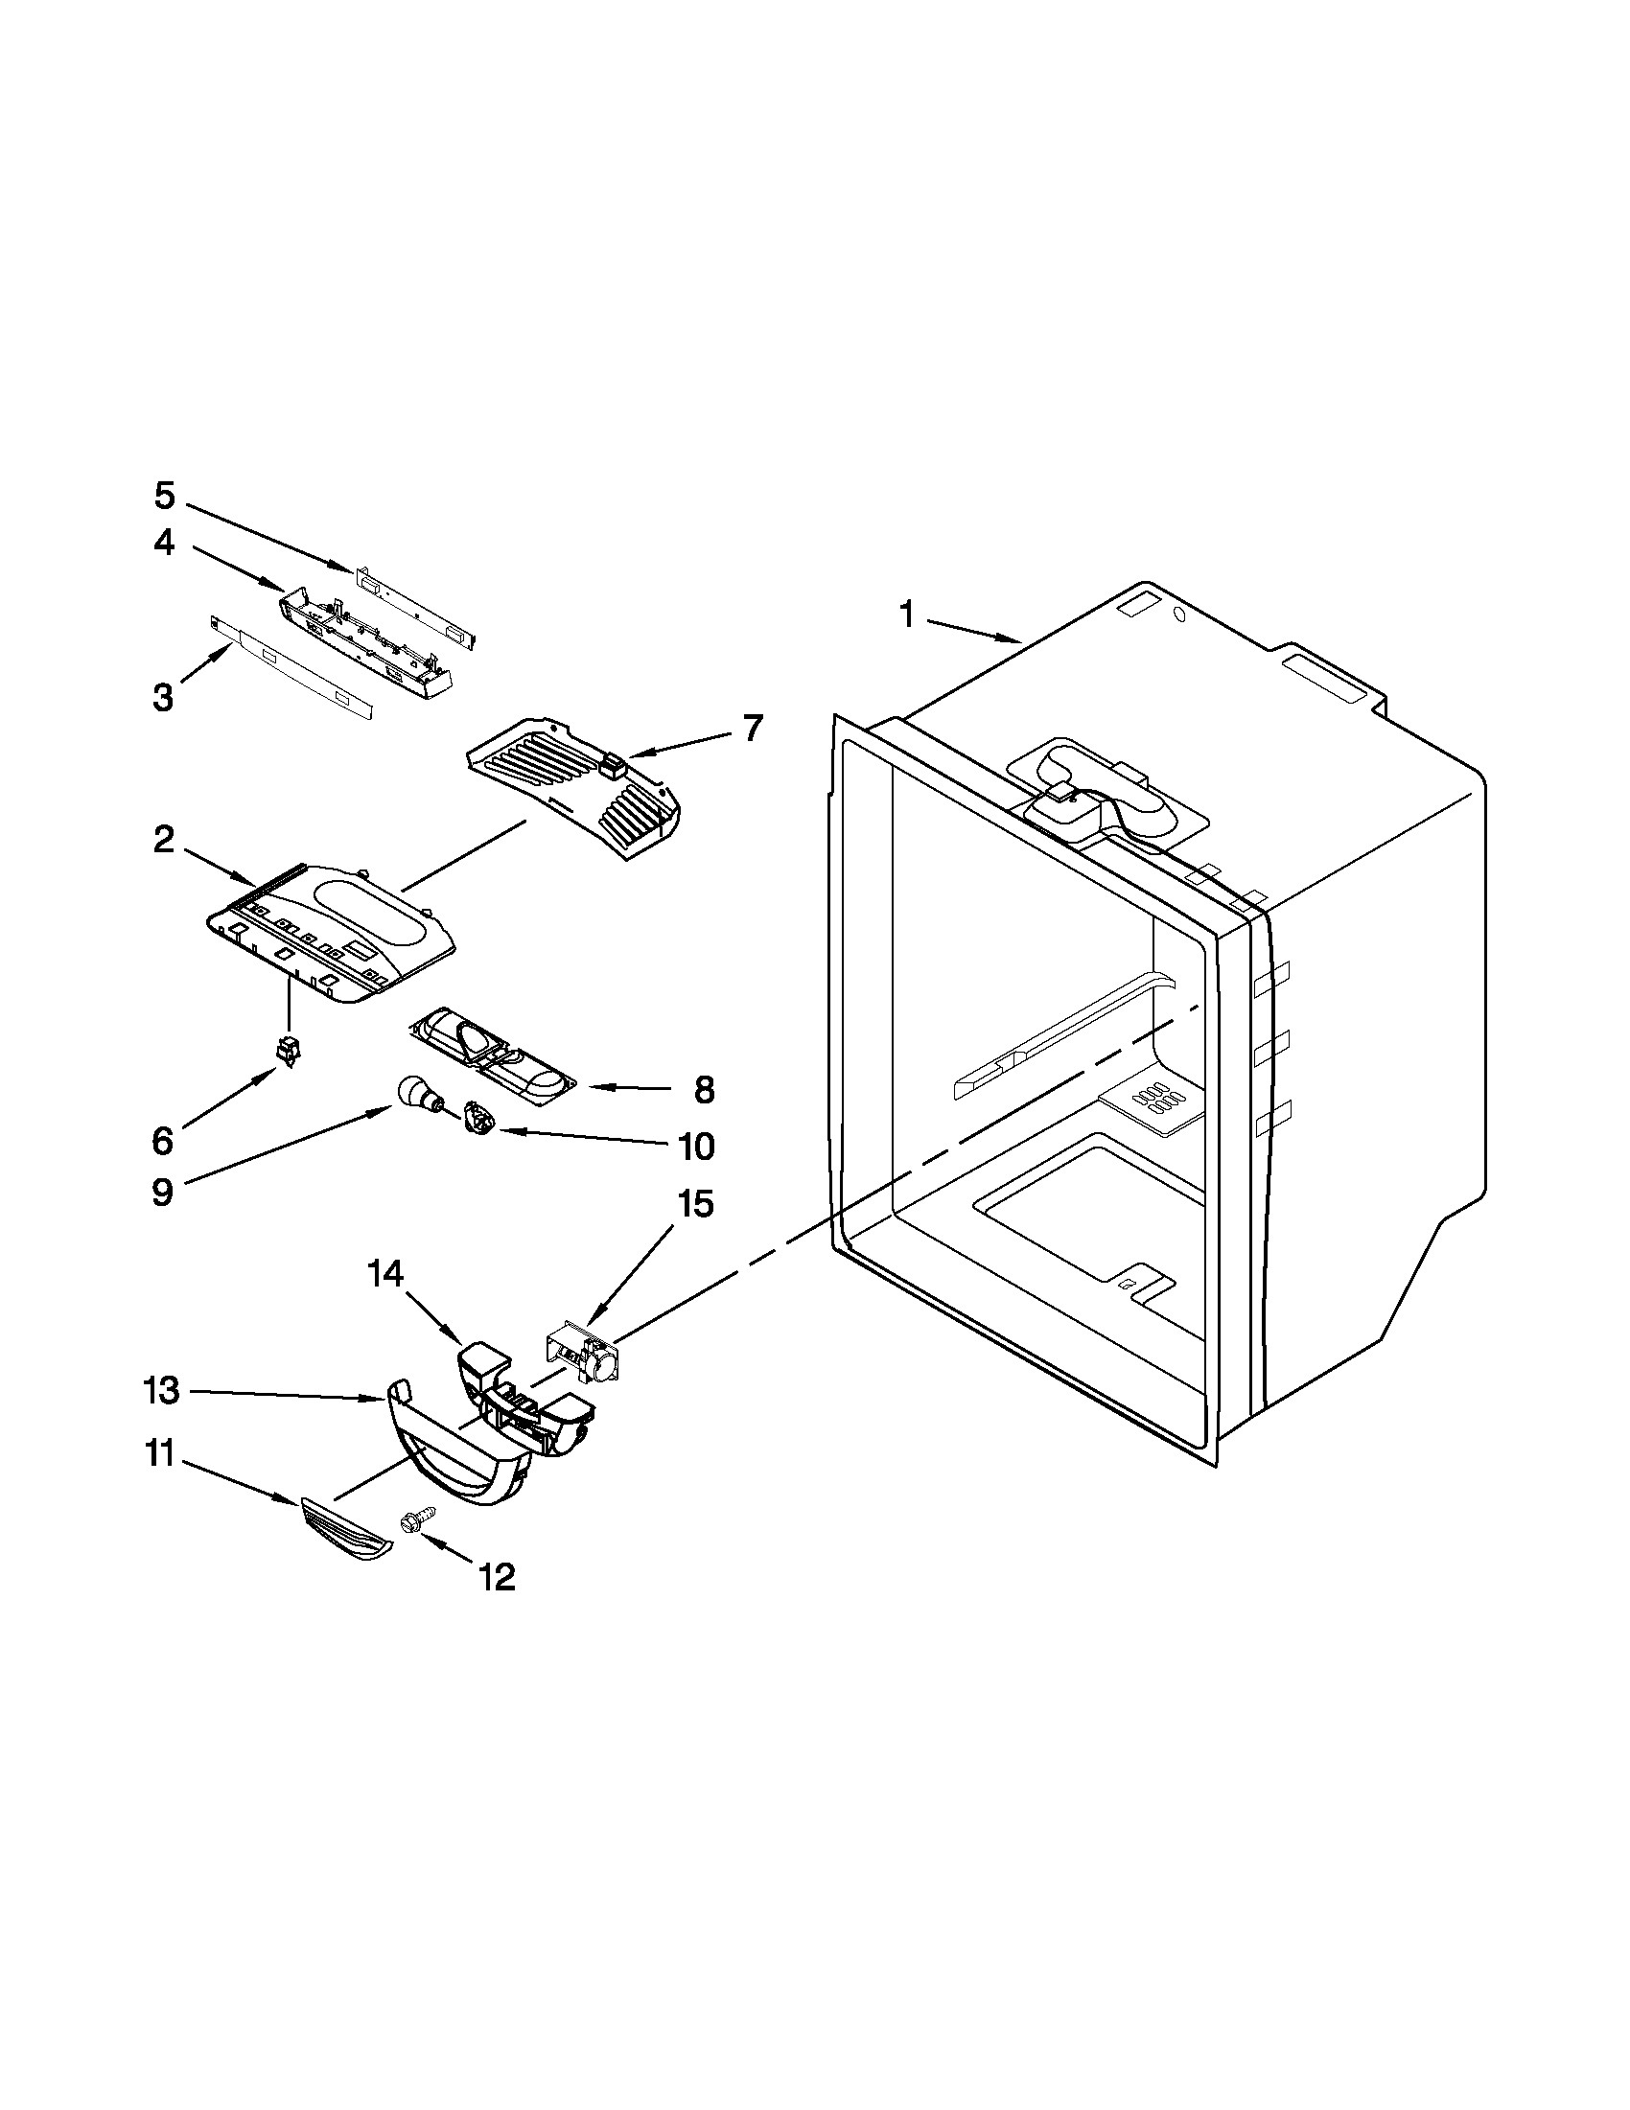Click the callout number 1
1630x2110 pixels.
[906, 614]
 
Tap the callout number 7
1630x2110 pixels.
[753, 728]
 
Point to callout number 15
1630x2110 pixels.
[696, 1204]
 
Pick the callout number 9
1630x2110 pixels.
[162, 1192]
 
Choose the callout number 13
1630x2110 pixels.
[161, 1391]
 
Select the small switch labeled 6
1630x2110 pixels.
[288, 1049]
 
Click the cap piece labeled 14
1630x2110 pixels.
[482, 1359]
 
